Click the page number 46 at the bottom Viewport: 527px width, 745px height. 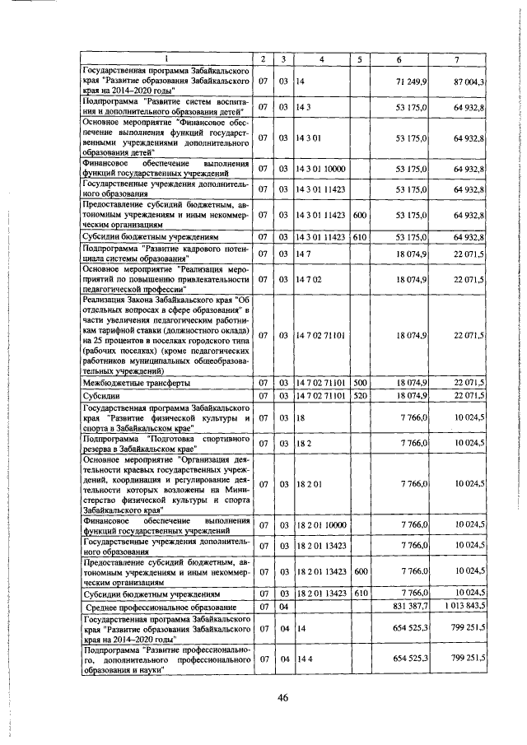pyautogui.click(x=282, y=698)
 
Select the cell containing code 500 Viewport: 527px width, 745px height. pyautogui.click(x=360, y=383)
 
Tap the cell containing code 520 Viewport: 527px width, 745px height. pyautogui.click(x=360, y=396)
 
